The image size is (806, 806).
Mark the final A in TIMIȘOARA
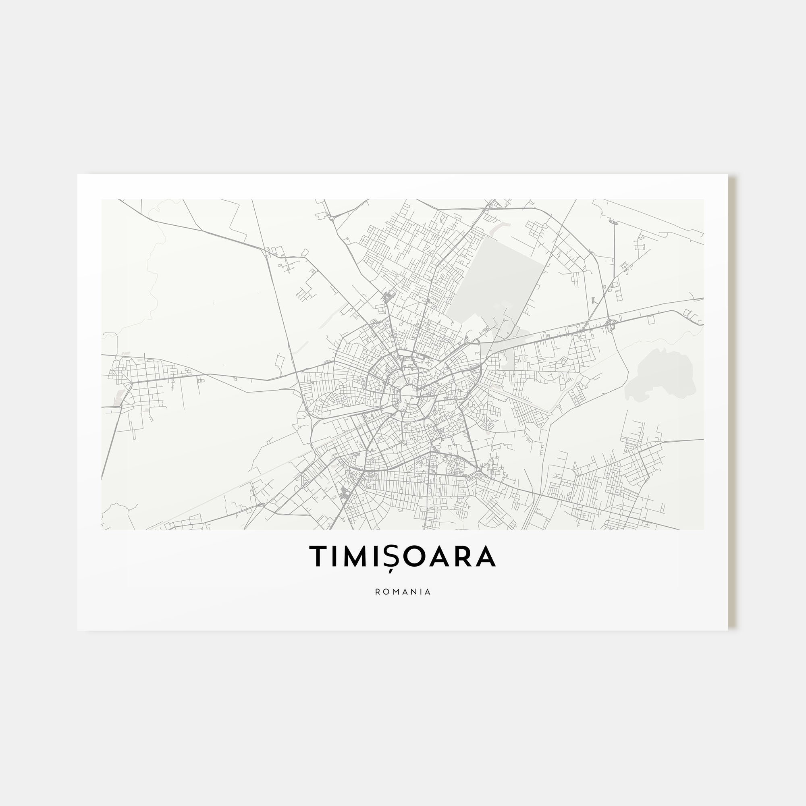pyautogui.click(x=485, y=556)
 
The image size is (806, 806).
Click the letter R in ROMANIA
pyautogui.click(x=378, y=592)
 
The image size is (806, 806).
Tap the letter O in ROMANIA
pyautogui.click(x=386, y=592)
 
